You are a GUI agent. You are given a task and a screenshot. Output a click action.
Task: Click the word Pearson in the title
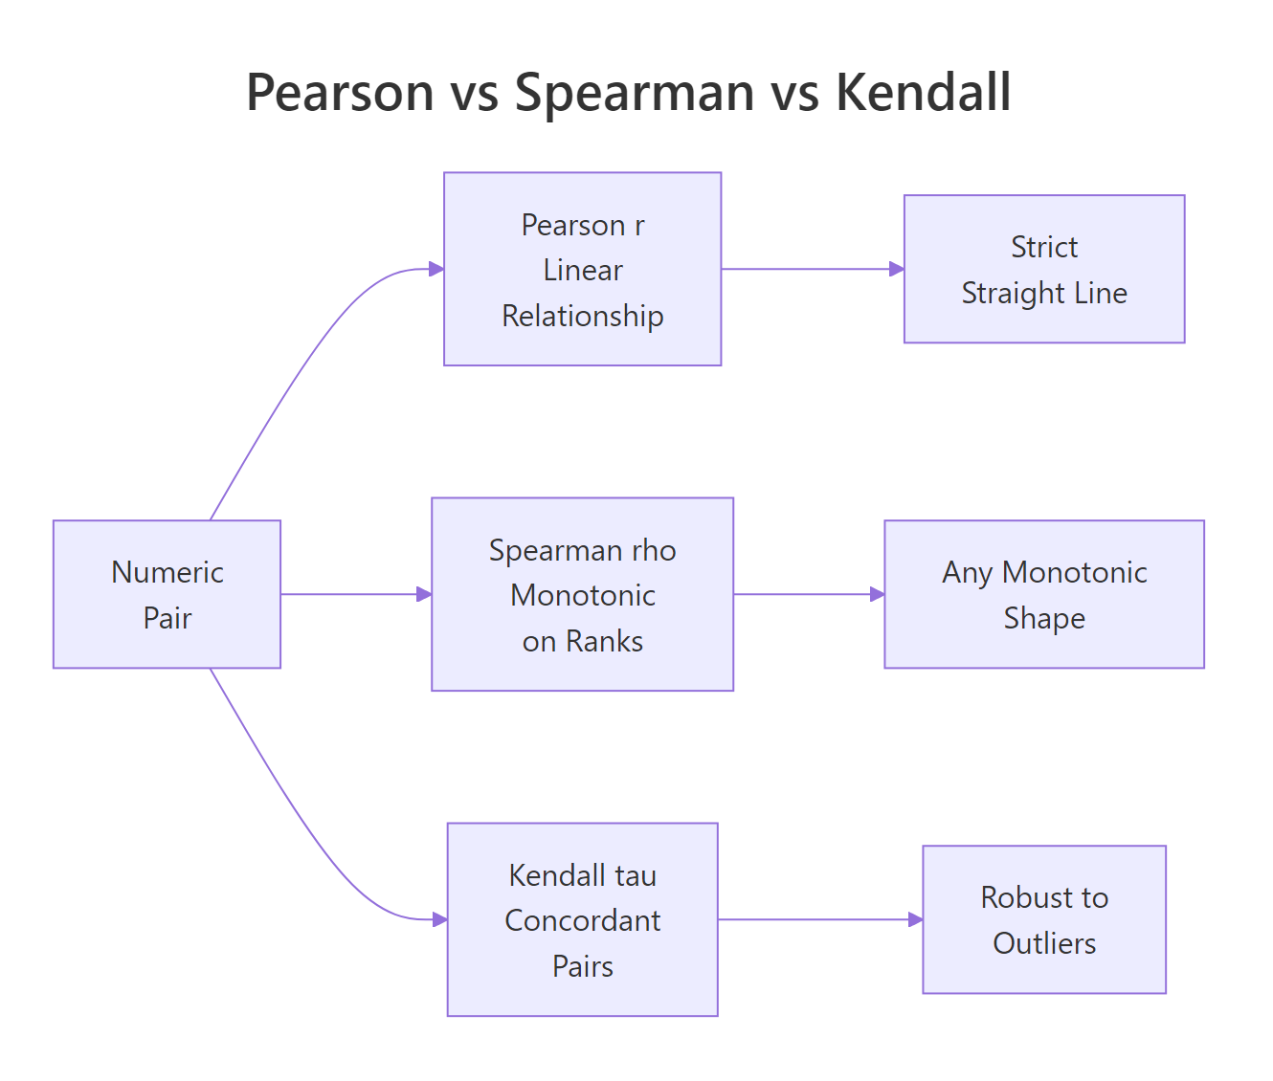pyautogui.click(x=340, y=93)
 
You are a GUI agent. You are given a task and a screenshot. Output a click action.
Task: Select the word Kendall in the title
pyautogui.click(x=923, y=93)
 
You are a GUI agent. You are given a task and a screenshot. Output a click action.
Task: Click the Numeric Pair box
pyautogui.click(x=167, y=594)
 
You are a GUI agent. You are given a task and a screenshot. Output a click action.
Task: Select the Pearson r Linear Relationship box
pyautogui.click(x=582, y=269)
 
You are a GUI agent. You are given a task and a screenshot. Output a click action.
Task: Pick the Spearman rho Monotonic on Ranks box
pyautogui.click(x=582, y=594)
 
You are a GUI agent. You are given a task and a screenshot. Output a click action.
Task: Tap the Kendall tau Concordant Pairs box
pyautogui.click(x=582, y=919)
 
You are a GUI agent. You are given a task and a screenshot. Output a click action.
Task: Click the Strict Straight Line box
pyautogui.click(x=1043, y=269)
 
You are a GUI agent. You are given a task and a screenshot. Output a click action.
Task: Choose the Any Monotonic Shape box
pyautogui.click(x=1043, y=594)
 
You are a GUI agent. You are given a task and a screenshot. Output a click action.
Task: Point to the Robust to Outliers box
pyautogui.click(x=1043, y=919)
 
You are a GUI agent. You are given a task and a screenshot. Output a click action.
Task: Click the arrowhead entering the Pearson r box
pyautogui.click(x=436, y=269)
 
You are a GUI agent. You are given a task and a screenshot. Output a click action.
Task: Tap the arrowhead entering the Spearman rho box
pyautogui.click(x=424, y=594)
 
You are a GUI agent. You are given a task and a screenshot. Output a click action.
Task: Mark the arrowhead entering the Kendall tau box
pyautogui.click(x=440, y=919)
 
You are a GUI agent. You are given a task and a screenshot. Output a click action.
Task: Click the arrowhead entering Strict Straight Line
pyautogui.click(x=897, y=269)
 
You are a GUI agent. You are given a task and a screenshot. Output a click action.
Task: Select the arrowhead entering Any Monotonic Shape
pyautogui.click(x=877, y=594)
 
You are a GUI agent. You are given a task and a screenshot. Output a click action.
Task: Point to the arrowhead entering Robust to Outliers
pyautogui.click(x=915, y=919)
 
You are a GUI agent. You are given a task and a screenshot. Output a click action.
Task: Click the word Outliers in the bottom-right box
pyautogui.click(x=1044, y=943)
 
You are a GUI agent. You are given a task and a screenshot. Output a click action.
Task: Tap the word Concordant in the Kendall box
pyautogui.click(x=582, y=920)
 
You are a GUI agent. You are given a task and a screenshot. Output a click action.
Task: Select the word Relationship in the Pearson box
pyautogui.click(x=582, y=316)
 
